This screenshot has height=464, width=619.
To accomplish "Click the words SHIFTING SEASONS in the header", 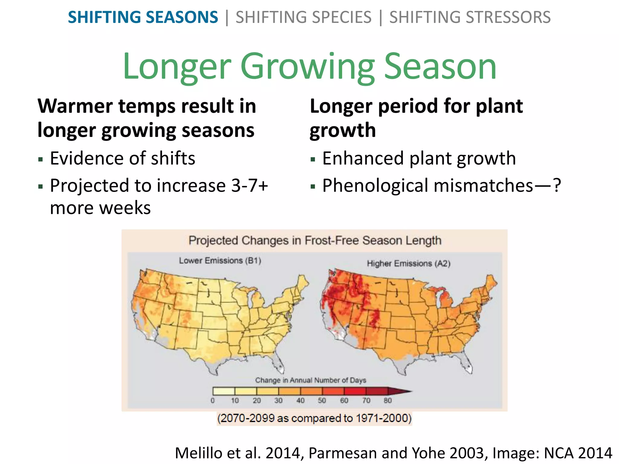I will (143, 17).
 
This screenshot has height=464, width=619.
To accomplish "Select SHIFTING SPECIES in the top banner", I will (303, 17).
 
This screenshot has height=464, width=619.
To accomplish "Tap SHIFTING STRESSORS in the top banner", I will (470, 17).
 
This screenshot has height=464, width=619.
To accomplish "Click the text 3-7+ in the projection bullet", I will (249, 185).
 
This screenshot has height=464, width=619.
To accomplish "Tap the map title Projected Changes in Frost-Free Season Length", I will (315, 240).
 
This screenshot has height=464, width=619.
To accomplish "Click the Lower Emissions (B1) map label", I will (220, 260).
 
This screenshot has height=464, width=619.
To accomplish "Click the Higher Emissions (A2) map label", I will (408, 263).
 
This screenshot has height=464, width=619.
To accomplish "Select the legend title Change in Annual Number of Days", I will (310, 380).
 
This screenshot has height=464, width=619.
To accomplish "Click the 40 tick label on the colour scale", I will (300, 401).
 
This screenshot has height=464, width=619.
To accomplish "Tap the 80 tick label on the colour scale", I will (387, 401).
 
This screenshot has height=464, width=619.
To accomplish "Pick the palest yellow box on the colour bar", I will (224, 391).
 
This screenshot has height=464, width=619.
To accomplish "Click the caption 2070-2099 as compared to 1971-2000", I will (314, 418).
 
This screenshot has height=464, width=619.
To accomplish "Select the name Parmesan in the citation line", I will (343, 453).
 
